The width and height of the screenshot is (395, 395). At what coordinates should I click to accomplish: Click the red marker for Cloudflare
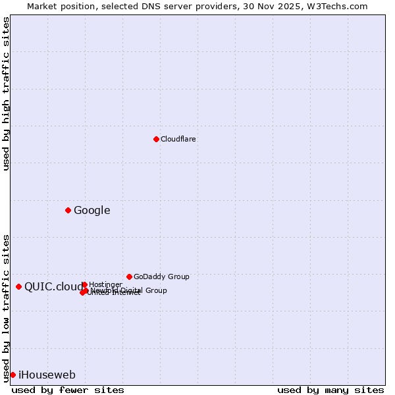coord(156,139)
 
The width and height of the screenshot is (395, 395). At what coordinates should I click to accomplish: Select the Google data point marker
coord(68,210)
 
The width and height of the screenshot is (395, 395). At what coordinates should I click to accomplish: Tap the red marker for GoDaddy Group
coord(129,276)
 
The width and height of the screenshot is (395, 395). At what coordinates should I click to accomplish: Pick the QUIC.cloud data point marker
coord(18,286)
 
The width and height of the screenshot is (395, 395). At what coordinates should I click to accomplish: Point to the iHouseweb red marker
coord(13,375)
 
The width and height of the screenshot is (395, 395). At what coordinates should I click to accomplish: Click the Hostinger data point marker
coord(84,284)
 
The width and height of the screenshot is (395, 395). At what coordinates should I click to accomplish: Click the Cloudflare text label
coord(178,139)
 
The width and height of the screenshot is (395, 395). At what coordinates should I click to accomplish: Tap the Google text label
coord(92,211)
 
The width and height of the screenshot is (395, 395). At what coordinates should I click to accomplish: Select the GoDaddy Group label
coord(161,276)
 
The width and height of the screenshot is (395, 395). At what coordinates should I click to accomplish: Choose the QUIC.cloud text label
coord(53,286)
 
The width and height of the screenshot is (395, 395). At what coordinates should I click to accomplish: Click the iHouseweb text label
coord(47,375)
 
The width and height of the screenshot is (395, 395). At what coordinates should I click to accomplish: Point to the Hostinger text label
coord(105,284)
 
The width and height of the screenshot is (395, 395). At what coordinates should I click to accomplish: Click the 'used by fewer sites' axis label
coord(68,390)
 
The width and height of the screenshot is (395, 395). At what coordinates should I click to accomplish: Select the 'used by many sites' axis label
coord(330,390)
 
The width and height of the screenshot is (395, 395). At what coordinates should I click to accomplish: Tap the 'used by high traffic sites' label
coord(6,93)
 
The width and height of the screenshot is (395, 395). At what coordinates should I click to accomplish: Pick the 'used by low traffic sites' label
coord(6,307)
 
